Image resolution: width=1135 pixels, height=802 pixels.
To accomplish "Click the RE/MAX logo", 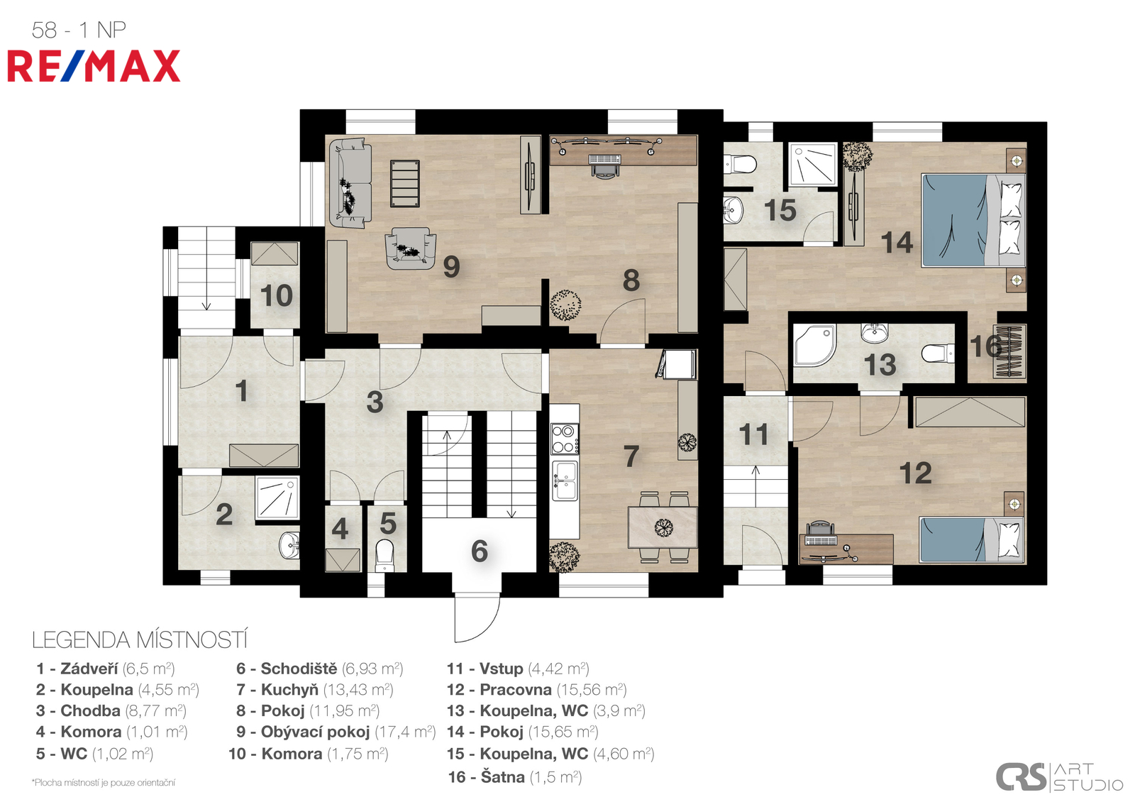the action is [94, 66].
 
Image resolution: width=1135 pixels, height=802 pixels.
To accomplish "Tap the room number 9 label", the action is [451, 267].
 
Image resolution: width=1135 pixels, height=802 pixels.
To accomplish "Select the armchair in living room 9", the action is [410, 248].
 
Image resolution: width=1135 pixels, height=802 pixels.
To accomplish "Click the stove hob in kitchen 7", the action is [565, 439].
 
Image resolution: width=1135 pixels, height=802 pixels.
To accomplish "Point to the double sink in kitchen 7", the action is [565, 480].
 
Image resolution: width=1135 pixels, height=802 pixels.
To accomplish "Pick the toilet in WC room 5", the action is [384, 556].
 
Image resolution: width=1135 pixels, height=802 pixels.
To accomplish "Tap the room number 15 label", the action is [780, 210].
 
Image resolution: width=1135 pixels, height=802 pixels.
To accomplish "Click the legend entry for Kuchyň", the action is [315, 689].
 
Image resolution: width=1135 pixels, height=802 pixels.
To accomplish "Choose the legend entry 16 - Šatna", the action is [515, 777].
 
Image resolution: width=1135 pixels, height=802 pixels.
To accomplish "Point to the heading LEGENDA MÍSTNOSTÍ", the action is [140, 640].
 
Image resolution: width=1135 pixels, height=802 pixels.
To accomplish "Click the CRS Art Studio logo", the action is [1059, 776].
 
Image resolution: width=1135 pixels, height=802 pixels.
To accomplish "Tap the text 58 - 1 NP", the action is [79, 30].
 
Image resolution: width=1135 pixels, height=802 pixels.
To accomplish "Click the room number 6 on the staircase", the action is [480, 551].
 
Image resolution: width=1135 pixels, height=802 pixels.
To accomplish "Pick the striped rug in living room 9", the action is [405, 183].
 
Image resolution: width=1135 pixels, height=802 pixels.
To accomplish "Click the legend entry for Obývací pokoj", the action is [336, 732].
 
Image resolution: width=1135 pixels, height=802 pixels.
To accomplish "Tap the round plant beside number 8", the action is [565, 305].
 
